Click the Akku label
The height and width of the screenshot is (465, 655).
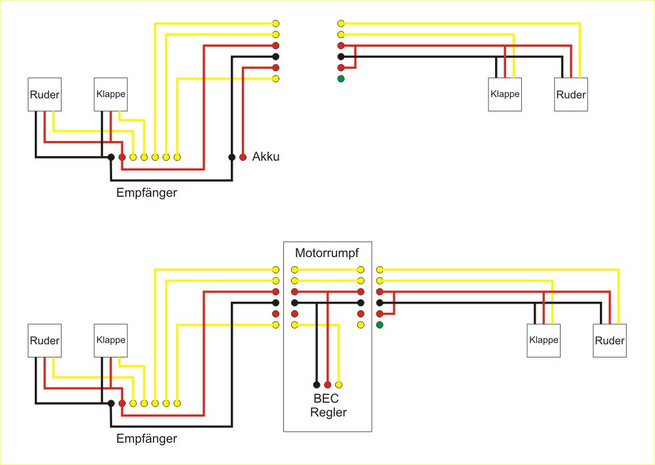(x=266, y=157)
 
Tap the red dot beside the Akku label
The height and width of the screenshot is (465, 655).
(x=243, y=157)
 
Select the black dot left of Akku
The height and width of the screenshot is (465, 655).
(x=231, y=157)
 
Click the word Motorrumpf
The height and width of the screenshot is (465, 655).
(x=327, y=253)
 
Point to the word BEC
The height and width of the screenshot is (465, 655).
(x=326, y=399)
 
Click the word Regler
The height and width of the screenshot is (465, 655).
(x=328, y=413)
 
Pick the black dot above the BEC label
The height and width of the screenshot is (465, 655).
(x=317, y=385)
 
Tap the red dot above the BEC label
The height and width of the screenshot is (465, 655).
(x=328, y=385)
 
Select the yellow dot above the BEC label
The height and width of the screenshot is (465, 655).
(x=339, y=385)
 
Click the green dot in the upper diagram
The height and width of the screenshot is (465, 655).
(x=341, y=79)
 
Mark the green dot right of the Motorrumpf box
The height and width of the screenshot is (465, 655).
(x=380, y=325)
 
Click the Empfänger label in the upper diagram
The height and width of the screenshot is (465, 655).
(x=146, y=193)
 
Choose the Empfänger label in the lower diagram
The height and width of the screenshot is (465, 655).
(x=146, y=439)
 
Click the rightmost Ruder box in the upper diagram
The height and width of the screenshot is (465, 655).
(x=570, y=94)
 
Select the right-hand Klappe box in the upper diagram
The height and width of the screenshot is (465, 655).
(x=505, y=94)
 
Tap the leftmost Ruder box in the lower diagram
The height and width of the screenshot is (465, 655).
(x=45, y=340)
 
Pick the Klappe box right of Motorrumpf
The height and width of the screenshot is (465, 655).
(x=544, y=340)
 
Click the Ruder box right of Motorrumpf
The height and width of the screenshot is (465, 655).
(x=610, y=340)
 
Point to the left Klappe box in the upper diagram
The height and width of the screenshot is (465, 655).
(x=110, y=94)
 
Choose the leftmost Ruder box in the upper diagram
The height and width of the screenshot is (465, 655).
(x=45, y=94)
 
